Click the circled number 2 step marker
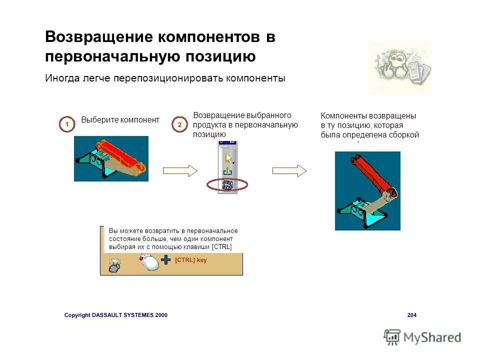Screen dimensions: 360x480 click(179, 124)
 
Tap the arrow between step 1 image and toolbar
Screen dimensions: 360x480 click(180, 170)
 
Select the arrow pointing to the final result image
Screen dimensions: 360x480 click(289, 170)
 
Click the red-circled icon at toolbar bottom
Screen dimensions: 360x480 click(227, 184)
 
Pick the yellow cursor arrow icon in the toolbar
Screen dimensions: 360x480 click(228, 158)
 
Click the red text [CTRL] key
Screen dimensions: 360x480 click(191, 260)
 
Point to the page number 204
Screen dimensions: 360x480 click(411, 315)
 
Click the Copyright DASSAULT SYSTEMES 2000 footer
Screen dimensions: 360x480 click(116, 315)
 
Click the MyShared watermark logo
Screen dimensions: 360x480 click(422, 337)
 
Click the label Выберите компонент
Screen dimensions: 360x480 click(120, 120)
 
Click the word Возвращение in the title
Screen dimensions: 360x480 click(98, 37)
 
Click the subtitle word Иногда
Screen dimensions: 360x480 click(60, 78)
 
